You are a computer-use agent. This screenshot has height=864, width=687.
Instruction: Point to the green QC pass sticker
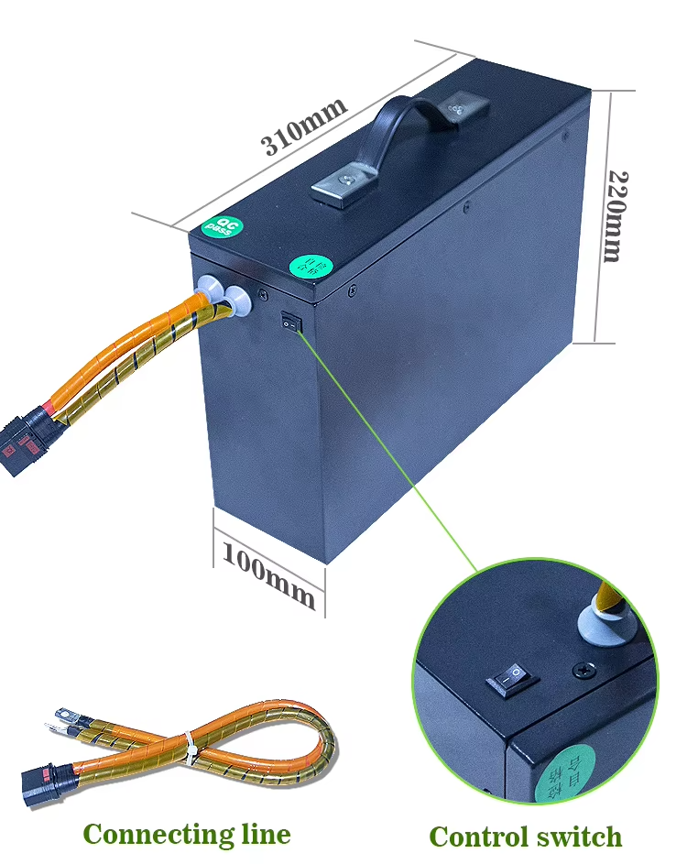coord(219,226)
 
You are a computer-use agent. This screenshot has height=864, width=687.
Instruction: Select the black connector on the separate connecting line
coord(44,787)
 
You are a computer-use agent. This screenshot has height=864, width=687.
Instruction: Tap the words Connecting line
coord(186,834)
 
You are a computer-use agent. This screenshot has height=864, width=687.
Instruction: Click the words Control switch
coord(525,837)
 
